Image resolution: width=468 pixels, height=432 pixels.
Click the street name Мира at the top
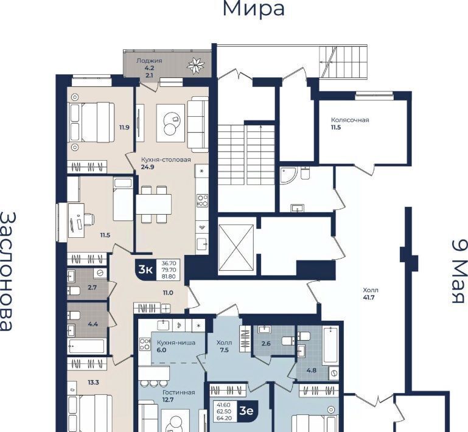click(x=254, y=9)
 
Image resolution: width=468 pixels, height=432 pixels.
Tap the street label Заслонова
click(x=7, y=271)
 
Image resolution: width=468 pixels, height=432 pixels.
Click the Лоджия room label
click(x=149, y=61)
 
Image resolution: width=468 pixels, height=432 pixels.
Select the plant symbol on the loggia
click(x=196, y=65)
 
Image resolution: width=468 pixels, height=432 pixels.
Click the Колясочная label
click(x=350, y=120)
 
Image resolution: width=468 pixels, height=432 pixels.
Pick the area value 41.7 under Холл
click(x=369, y=297)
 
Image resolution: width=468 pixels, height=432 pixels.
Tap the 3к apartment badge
click(x=145, y=270)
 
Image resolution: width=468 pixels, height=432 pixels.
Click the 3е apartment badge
click(x=247, y=411)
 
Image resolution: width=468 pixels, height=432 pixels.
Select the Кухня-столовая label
click(x=166, y=159)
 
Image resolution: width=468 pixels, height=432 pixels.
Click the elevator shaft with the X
click(x=236, y=248)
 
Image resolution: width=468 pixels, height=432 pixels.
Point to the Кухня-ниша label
click(x=176, y=343)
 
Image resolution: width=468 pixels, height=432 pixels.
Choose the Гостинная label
click(x=178, y=392)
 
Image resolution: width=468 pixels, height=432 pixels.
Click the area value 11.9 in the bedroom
click(x=125, y=128)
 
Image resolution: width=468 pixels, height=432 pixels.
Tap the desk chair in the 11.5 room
click(x=88, y=219)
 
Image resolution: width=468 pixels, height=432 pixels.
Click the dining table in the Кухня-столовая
click(x=154, y=204)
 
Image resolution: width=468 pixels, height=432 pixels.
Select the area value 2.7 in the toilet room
click(x=93, y=288)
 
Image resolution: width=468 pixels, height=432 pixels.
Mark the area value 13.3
click(x=94, y=382)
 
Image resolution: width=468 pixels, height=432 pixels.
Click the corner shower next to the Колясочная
click(x=288, y=175)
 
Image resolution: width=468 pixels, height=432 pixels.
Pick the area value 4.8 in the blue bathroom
click(x=312, y=371)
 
